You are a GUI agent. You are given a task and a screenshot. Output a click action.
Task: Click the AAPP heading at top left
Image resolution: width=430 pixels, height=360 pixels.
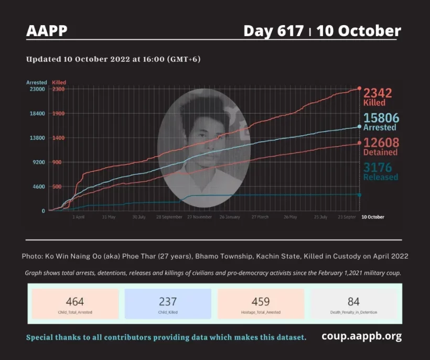[47, 31]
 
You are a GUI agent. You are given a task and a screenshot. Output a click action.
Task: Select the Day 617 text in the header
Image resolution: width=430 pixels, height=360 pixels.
[273, 31]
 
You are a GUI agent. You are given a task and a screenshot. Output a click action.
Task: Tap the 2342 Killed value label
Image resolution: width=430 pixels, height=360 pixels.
[378, 97]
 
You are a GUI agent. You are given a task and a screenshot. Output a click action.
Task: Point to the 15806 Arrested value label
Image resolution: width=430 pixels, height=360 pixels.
[381, 122]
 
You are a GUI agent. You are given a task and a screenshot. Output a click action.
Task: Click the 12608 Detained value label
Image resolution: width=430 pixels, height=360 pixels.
[381, 146]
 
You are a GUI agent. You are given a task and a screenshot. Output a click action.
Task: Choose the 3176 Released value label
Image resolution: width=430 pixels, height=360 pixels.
[381, 171]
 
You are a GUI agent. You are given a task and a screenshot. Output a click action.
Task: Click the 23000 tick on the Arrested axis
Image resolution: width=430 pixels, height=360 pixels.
[37, 89]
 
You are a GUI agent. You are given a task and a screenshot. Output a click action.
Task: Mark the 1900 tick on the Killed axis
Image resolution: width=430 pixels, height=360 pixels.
[58, 114]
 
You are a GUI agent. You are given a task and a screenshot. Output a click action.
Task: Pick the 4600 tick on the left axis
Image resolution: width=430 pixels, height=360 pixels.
[38, 187]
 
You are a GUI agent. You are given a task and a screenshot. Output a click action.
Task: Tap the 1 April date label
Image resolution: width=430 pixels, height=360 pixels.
[78, 217]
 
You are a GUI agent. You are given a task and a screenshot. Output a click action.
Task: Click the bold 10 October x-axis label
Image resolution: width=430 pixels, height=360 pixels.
[373, 217]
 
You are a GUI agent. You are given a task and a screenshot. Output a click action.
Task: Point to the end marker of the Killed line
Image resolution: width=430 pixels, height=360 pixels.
[359, 89]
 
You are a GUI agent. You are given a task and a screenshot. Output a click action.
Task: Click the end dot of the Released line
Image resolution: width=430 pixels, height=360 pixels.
[359, 195]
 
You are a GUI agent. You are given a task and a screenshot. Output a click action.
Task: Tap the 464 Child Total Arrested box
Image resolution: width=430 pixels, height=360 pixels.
[75, 304]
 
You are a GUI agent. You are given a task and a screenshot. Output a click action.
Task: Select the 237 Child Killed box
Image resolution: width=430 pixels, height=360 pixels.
[168, 304]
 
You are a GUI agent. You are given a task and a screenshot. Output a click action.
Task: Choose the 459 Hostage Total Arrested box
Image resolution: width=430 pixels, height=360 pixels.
[261, 304]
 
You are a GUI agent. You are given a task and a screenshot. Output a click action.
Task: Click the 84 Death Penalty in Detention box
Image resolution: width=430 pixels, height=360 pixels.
[353, 304]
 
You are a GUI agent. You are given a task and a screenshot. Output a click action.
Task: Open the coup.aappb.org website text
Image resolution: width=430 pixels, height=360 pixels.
[361, 336]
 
